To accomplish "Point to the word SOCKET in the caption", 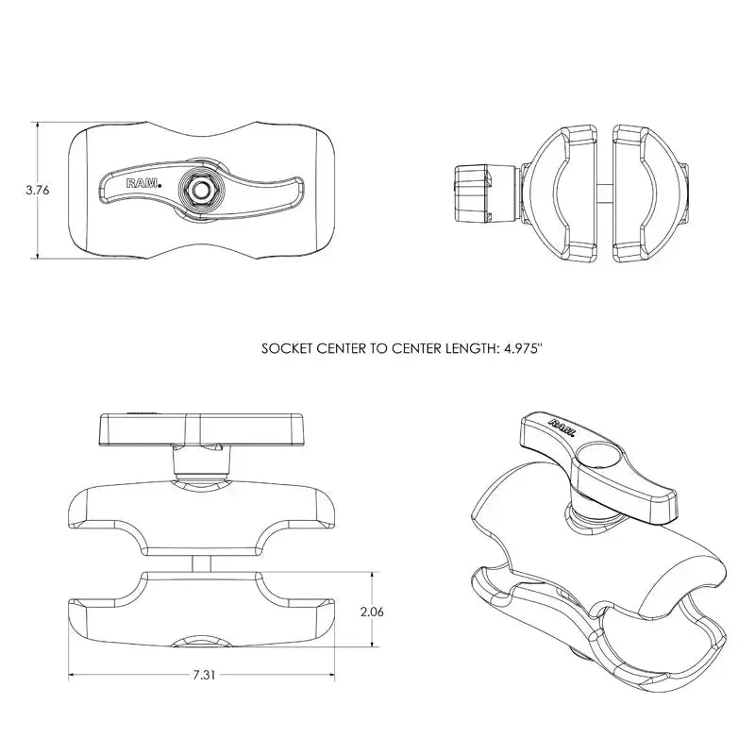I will pyautogui.click(x=286, y=348).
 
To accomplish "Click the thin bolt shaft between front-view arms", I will pyautogui.click(x=202, y=562).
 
